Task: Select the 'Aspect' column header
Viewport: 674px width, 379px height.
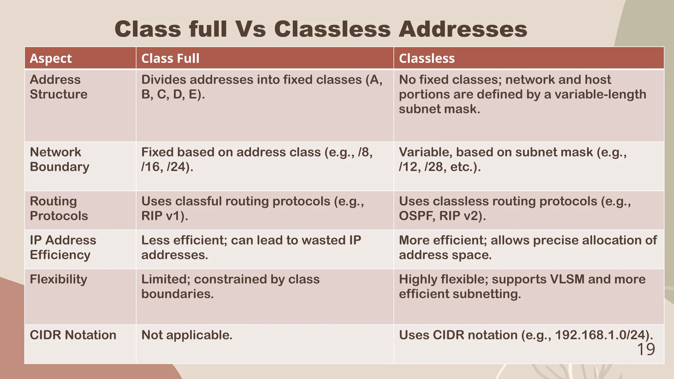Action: pos(51,58)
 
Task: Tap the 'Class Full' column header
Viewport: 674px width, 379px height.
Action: pos(170,58)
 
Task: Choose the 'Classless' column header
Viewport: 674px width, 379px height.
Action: pos(427,58)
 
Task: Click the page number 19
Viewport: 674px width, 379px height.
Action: pos(646,349)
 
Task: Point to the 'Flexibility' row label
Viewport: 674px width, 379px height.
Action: pos(59,279)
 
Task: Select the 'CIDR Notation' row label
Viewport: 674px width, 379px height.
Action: pos(73,335)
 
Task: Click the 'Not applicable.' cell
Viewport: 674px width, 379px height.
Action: pos(187,335)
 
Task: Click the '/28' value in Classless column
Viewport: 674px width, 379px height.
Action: pos(433,167)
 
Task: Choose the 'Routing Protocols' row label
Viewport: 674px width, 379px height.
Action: pos(59,209)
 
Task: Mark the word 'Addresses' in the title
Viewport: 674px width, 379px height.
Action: pos(463,29)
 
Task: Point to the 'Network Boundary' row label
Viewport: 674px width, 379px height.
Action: pos(59,160)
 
